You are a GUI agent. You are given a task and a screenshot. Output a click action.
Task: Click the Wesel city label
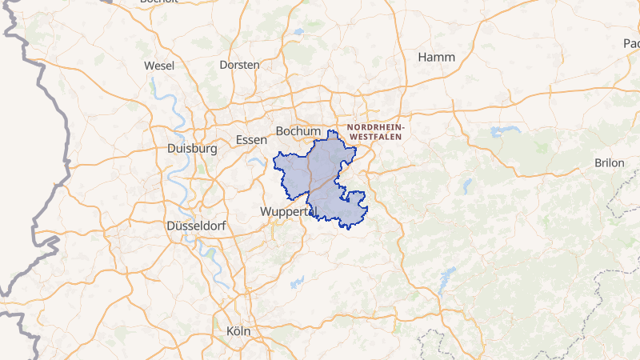(159, 65)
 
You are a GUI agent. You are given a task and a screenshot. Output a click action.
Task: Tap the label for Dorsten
(239, 64)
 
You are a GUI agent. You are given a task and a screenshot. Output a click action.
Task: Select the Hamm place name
(437, 58)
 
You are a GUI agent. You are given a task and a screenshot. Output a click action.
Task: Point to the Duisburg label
(193, 149)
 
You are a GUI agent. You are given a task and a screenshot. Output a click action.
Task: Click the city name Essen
(251, 140)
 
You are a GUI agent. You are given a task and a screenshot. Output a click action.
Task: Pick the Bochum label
(298, 131)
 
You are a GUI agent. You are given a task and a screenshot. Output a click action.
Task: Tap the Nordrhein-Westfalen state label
(377, 132)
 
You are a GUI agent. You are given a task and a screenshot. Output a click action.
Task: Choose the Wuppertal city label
(289, 212)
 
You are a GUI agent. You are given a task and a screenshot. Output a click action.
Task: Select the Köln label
(238, 330)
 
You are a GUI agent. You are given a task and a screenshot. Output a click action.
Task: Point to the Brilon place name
(609, 162)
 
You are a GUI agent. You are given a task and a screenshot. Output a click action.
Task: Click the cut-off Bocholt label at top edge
(158, 2)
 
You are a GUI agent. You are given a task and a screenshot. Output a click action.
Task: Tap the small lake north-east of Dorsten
(298, 32)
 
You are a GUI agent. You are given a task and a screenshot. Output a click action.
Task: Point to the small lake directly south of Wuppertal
(298, 282)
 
